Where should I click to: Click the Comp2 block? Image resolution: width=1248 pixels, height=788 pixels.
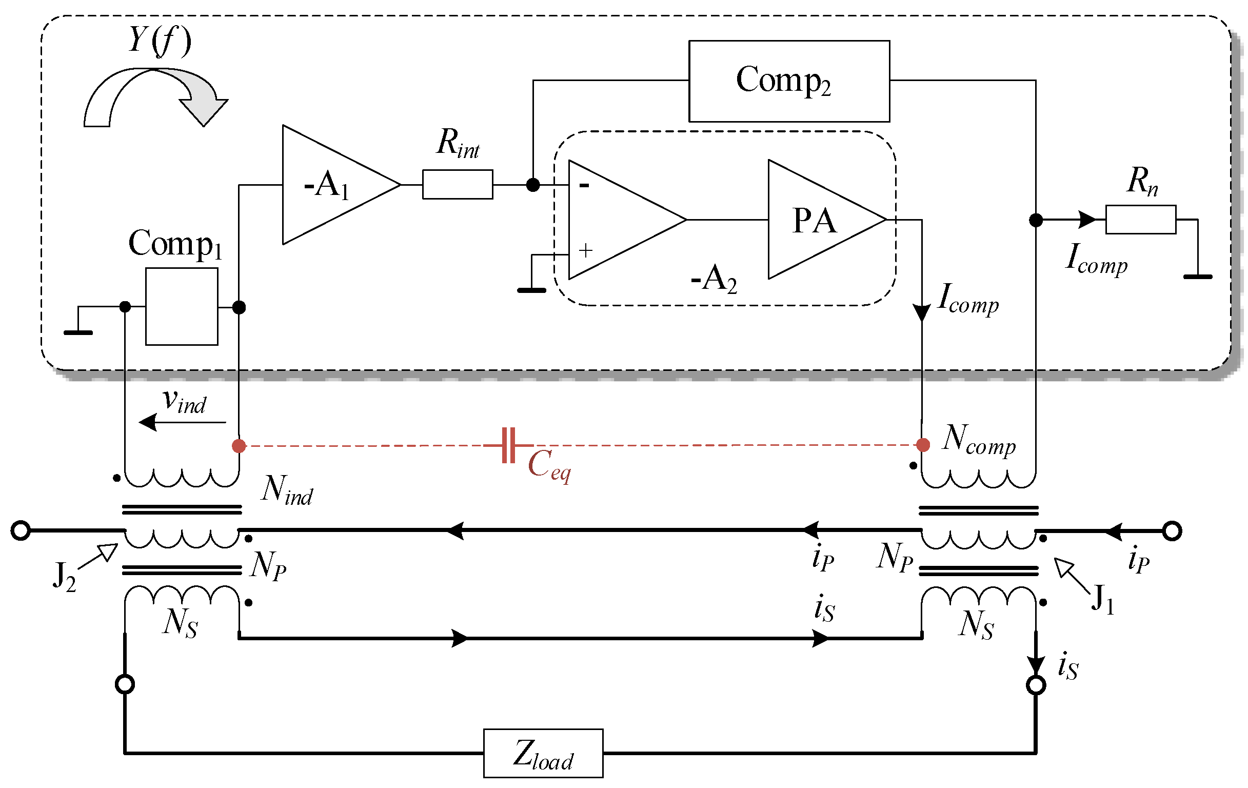click(789, 82)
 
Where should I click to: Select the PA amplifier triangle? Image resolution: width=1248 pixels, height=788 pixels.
click(816, 220)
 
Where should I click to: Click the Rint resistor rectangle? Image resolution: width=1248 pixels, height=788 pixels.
click(458, 185)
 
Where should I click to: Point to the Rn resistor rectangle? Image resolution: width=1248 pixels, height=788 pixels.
click(1140, 220)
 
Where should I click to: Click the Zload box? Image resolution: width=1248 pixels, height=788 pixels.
click(543, 753)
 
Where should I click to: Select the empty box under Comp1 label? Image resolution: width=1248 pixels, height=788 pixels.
click(182, 306)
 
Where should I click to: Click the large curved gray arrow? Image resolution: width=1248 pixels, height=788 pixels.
click(155, 96)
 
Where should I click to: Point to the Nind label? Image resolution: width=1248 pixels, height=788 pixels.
click(287, 490)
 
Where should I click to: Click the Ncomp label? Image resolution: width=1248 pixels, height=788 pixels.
click(979, 440)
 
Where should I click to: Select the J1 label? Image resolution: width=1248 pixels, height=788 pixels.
click(1103, 600)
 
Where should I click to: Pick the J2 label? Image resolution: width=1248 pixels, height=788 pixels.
click(64, 577)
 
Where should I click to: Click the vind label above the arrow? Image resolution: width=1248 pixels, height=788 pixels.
click(185, 401)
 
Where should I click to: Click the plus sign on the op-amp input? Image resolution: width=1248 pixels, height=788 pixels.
click(586, 251)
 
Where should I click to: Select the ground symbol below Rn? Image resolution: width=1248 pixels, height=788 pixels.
click(1198, 277)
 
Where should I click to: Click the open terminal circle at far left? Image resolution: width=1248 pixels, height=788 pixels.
click(21, 531)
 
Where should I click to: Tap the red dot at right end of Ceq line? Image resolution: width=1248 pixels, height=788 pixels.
click(923, 445)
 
